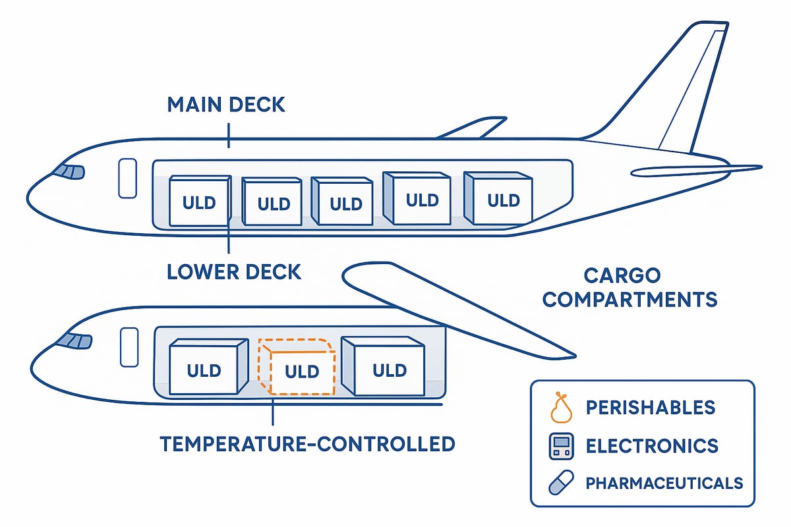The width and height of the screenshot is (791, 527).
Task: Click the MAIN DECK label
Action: tap(226, 105)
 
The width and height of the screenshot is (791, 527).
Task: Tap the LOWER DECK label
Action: tap(235, 271)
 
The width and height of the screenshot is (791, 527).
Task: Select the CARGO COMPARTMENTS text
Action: tap(630, 288)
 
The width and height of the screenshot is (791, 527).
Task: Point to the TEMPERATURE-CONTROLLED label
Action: tap(307, 443)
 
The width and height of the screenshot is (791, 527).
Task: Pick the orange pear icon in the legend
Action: tap(560, 408)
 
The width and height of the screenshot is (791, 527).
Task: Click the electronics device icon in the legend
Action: tap(560, 446)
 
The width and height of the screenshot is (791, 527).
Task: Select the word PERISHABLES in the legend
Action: tap(651, 408)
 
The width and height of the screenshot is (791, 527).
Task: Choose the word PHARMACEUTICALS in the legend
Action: tap(664, 483)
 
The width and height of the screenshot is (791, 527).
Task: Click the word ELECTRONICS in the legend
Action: tap(652, 446)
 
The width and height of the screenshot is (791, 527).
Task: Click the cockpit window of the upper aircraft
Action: tap(70, 171)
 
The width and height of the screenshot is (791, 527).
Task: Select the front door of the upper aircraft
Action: tap(127, 177)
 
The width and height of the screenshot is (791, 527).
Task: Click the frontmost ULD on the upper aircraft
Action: tap(199, 202)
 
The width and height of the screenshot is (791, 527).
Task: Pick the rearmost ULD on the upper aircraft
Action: tap(498, 198)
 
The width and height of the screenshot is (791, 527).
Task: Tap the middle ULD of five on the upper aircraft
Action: tap(345, 203)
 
